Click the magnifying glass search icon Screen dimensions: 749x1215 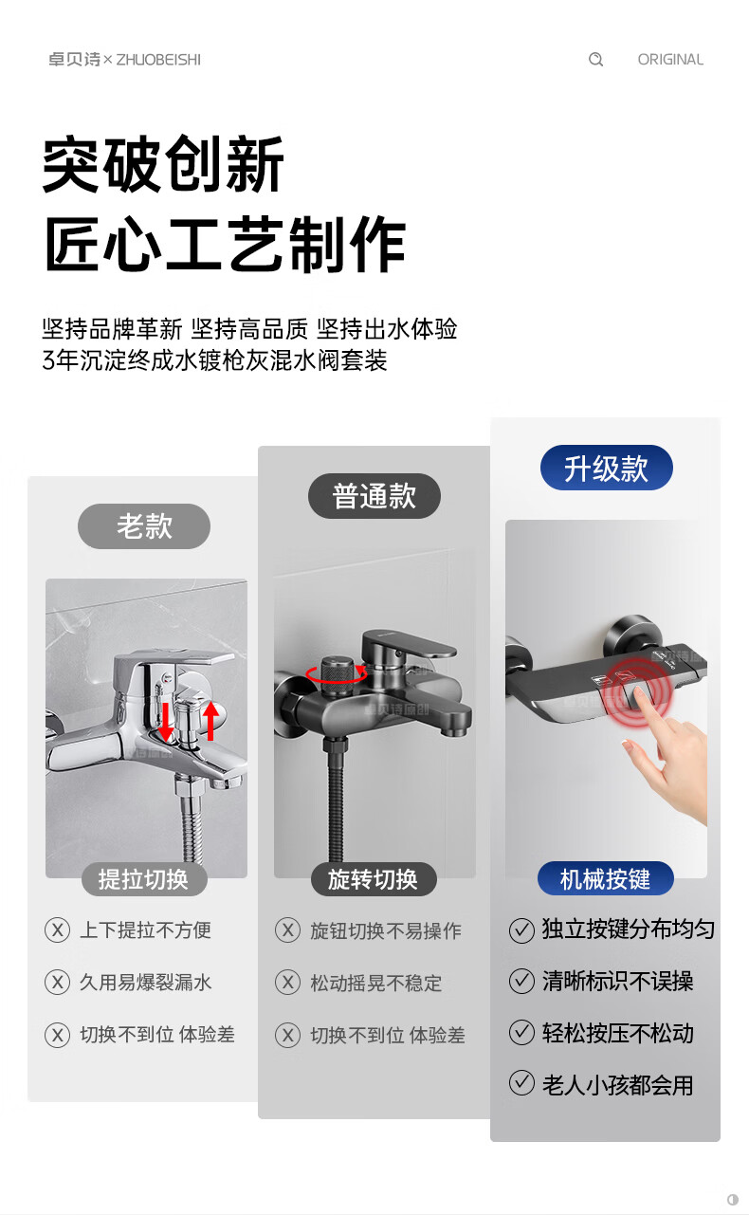[x=595, y=59]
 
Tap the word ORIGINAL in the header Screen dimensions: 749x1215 [x=670, y=59]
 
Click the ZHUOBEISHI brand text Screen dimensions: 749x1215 [x=158, y=59]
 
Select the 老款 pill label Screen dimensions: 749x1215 [x=144, y=526]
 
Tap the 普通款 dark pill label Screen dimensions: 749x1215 [x=374, y=496]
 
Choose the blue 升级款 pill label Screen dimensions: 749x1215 [x=607, y=468]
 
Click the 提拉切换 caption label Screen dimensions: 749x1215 [x=144, y=878]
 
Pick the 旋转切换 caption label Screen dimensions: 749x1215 [x=374, y=878]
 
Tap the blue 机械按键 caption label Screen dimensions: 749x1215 [x=605, y=878]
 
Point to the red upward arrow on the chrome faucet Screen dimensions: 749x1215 [x=210, y=721]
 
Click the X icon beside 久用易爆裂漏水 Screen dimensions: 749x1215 [x=57, y=982]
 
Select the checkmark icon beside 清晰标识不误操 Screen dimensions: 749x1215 [x=521, y=982]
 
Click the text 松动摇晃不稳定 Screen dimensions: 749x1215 [x=375, y=983]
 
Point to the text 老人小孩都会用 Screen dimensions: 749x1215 [x=618, y=1084]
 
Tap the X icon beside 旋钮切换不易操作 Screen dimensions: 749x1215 [x=287, y=930]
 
